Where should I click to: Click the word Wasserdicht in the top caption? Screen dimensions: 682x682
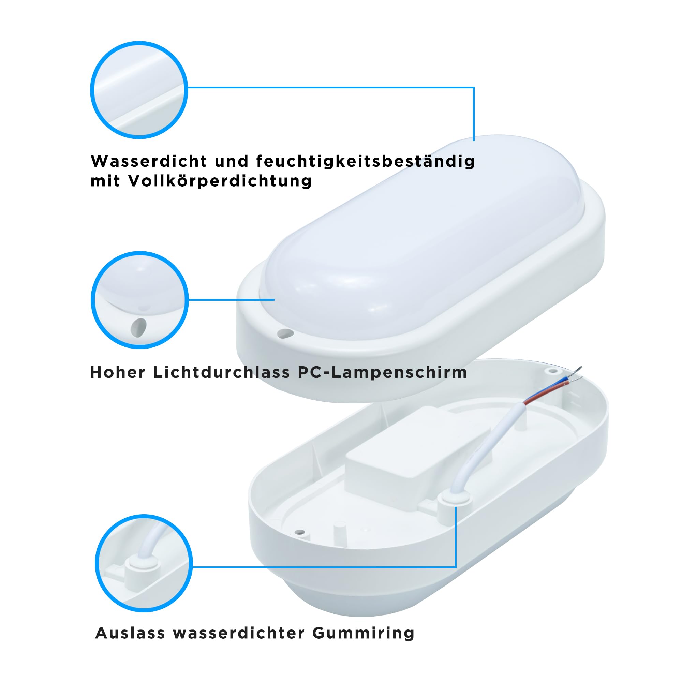(149, 161)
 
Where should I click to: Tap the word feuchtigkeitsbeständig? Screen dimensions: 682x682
(366, 162)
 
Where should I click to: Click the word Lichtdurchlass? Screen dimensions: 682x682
(221, 372)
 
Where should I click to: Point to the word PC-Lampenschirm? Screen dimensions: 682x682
(382, 372)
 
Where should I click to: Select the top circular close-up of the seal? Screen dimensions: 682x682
(139, 90)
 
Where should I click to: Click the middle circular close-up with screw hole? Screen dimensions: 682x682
(140, 300)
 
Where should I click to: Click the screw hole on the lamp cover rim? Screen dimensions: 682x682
(285, 333)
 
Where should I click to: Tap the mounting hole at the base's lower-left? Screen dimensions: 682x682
(300, 532)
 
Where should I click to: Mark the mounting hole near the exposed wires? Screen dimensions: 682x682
(553, 371)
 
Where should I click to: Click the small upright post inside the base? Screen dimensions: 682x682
(340, 533)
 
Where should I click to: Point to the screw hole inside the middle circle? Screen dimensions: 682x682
(138, 328)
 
